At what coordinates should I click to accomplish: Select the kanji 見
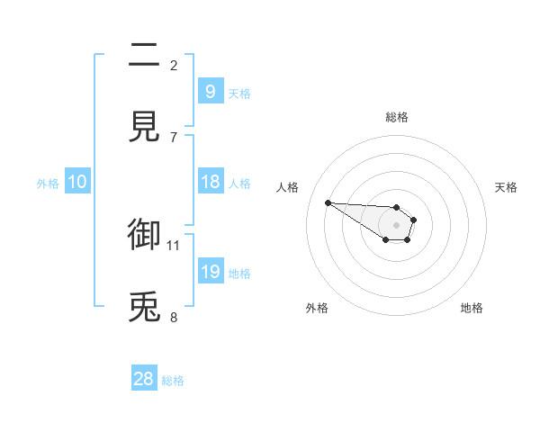tap(145, 127)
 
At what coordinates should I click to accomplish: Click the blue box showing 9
tap(211, 91)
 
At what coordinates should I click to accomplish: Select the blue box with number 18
tap(211, 182)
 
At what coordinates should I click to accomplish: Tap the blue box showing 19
tap(211, 272)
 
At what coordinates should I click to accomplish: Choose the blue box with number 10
tap(77, 183)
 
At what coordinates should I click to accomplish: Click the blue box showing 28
tap(144, 379)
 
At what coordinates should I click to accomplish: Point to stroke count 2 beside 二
tap(174, 65)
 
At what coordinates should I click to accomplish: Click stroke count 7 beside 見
tap(174, 136)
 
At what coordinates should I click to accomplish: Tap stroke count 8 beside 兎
tap(174, 317)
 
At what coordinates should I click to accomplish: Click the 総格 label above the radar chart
tap(397, 117)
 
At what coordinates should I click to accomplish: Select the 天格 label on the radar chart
tap(507, 187)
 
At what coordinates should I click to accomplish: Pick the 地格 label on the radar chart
tap(472, 309)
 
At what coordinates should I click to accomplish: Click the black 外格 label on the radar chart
tap(317, 309)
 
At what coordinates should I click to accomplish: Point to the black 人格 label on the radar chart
tap(288, 187)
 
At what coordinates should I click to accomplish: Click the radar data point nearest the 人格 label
tap(328, 202)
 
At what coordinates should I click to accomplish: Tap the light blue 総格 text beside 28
tap(173, 381)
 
